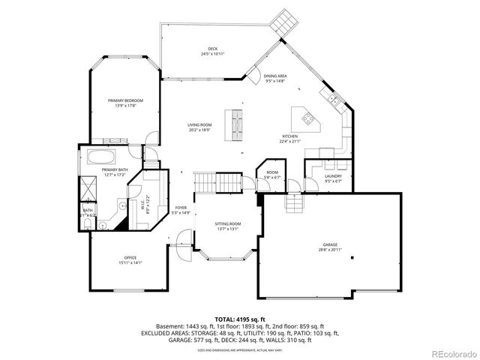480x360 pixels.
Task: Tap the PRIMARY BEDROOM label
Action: (x=125, y=103)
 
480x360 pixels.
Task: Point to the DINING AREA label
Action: (x=276, y=78)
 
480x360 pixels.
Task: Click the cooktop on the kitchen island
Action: (x=307, y=117)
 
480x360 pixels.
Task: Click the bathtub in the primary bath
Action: (x=101, y=157)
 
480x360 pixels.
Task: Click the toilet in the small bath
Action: (x=88, y=223)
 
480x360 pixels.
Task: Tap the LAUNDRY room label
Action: (x=333, y=178)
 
